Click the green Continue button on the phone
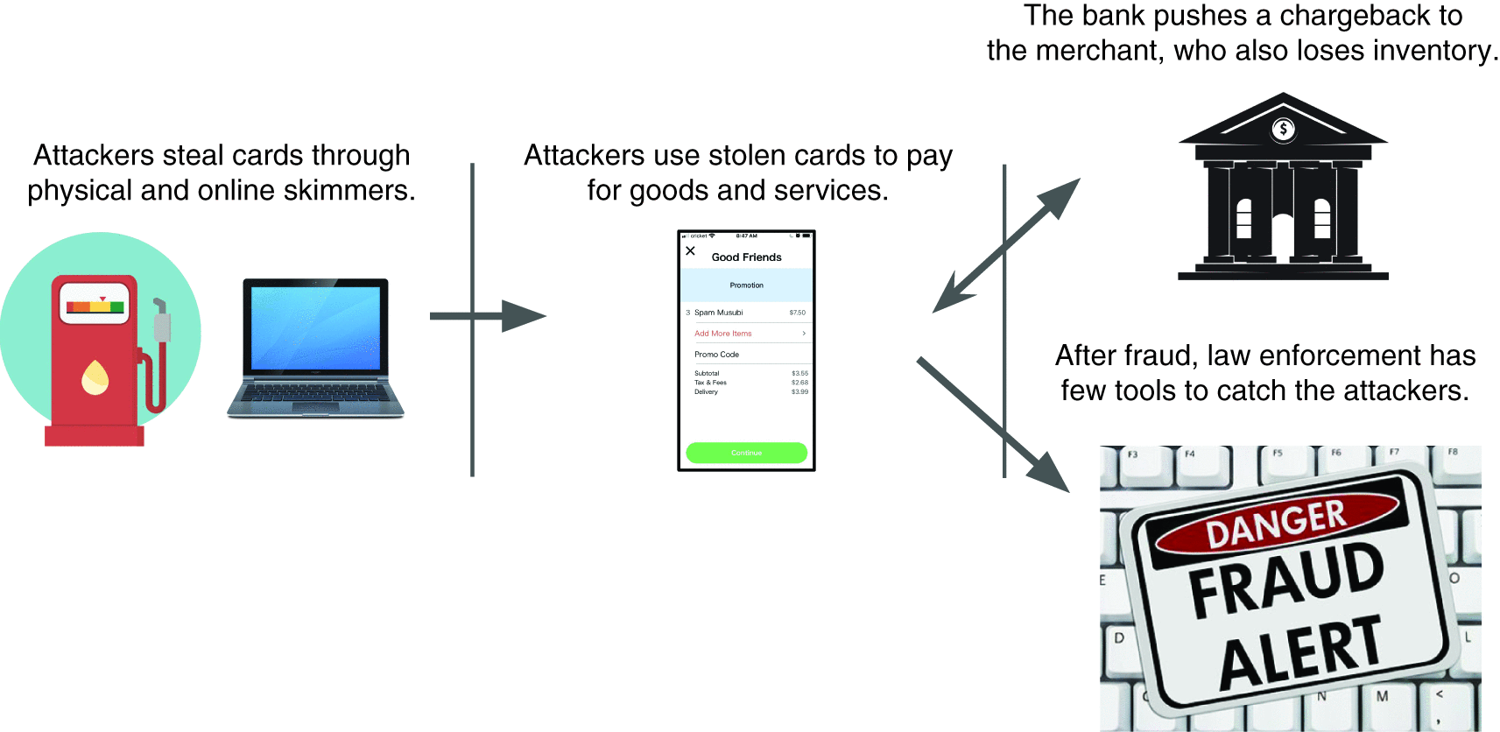point(746,453)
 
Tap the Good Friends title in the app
point(746,257)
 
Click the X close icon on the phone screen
point(691,251)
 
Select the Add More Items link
point(723,334)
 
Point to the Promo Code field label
point(716,355)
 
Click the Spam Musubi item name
point(718,313)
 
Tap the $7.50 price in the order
point(797,313)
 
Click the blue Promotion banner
point(746,285)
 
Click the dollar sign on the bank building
point(1283,130)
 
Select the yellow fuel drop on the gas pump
point(95,377)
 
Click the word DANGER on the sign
point(1276,523)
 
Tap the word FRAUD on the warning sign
point(1286,579)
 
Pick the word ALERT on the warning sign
point(1300,652)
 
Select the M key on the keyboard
point(1382,697)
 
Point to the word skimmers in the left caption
point(353,190)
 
